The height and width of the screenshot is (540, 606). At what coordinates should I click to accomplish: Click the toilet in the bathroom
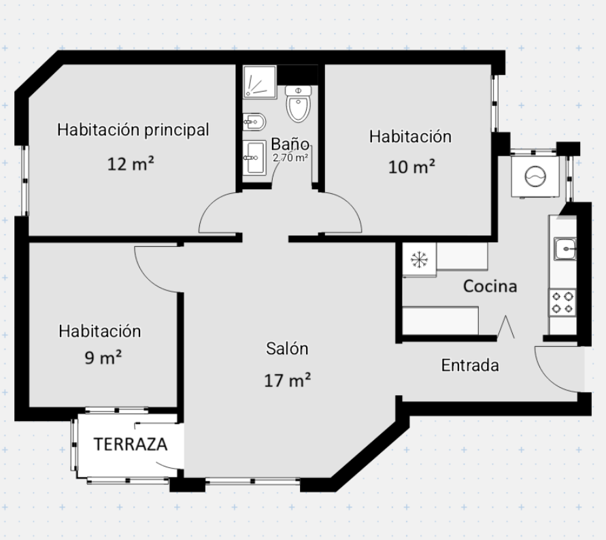point(299,103)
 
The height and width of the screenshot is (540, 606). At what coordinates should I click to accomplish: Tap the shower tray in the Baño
point(260,82)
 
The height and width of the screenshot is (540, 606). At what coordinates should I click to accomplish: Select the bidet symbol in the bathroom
point(254,122)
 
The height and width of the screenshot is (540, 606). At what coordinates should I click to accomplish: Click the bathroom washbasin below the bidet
point(254,158)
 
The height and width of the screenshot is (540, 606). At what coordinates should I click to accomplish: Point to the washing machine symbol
point(535,176)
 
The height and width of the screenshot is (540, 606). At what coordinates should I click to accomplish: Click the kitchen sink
point(565,249)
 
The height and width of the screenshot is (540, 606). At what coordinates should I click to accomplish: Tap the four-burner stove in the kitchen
point(562,302)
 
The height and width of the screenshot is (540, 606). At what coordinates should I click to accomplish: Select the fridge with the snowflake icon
point(420,260)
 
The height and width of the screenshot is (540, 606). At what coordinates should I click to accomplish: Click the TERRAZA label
point(131,445)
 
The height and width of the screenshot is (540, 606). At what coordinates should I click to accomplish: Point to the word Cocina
point(490,286)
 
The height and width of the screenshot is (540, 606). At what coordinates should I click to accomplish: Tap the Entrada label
point(470,365)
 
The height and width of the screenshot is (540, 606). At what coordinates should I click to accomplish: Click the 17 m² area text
point(287,380)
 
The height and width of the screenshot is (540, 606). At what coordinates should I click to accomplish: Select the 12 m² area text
point(131,164)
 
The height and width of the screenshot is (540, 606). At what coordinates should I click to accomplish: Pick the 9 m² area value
point(103,358)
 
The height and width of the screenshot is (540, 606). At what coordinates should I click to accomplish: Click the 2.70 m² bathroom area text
point(290,158)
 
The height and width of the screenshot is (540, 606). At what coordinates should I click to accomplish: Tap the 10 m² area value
point(411,167)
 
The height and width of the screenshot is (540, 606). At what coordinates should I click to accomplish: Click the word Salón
point(287,349)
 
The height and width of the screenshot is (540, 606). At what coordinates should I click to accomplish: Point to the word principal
point(177,131)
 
